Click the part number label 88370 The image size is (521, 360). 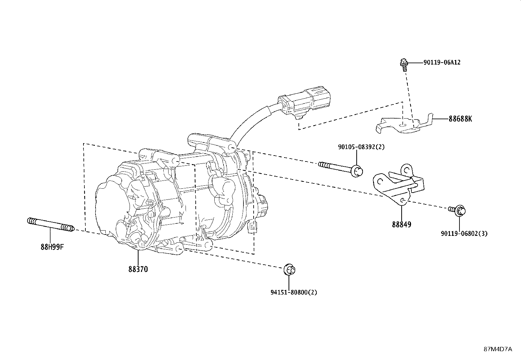coord(138,269)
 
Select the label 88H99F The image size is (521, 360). coord(52,247)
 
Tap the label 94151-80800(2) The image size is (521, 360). coord(294,292)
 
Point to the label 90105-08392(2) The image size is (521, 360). coord(361,147)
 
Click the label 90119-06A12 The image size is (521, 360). coord(442,62)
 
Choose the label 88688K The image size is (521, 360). coord(460,119)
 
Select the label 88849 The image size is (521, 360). coord(402,225)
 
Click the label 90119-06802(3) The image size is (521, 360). coord(464,234)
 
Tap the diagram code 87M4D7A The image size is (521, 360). coord(498,349)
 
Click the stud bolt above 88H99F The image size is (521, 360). coord(51,224)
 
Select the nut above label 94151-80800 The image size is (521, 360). coord(289,270)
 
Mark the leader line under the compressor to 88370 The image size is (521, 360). coord(138,257)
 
